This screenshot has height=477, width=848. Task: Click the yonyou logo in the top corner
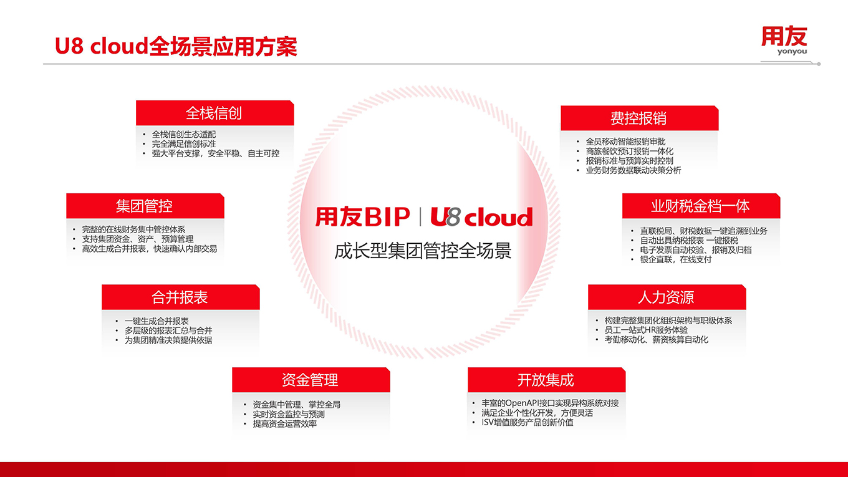pos(784,40)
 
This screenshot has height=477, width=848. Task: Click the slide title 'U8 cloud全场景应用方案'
pos(176,47)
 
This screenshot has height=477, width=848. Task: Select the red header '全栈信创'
pos(214,113)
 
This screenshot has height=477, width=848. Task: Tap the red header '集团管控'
pos(145,206)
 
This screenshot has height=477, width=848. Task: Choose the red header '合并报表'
pos(181,297)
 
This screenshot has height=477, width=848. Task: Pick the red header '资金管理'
pos(311,380)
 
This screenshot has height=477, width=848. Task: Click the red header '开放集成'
pos(546,380)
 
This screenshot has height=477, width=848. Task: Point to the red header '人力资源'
pos(667,297)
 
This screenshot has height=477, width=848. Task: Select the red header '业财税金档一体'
pos(701,206)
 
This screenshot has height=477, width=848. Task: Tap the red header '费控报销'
pos(639,118)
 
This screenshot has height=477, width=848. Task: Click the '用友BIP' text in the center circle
pos(363,216)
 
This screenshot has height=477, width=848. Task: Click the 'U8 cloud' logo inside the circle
pos(481,216)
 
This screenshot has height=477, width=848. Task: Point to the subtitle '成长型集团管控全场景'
pos(423,251)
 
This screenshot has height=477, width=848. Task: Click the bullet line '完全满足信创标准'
pos(184,144)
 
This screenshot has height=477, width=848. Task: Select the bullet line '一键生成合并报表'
pos(157,321)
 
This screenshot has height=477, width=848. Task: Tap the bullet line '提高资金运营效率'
pos(285,423)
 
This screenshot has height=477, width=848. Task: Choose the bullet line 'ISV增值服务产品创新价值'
pos(528,422)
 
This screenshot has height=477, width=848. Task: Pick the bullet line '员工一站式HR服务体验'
pos(646,330)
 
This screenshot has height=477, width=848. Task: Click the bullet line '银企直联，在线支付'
pos(676,259)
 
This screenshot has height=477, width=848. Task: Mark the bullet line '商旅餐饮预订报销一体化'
pos(630,152)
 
